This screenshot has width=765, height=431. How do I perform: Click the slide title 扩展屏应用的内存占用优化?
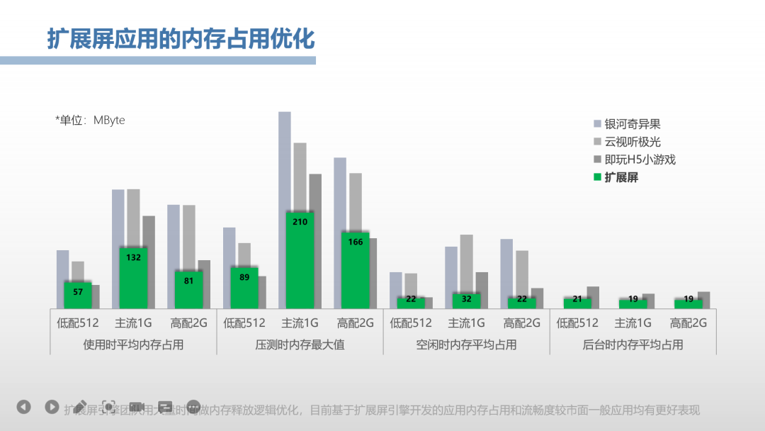click(181, 39)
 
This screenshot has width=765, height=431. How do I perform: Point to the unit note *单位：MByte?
click(90, 121)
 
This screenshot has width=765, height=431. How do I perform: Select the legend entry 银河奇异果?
click(632, 124)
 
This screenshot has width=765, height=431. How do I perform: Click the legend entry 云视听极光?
click(632, 142)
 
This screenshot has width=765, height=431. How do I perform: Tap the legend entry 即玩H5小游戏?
click(640, 159)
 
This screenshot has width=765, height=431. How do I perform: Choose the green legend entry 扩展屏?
click(621, 177)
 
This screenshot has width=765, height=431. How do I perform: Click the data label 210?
click(300, 222)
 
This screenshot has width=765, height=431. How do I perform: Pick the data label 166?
click(356, 242)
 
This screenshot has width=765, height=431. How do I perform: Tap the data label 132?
click(133, 257)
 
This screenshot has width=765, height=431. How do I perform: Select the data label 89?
click(244, 277)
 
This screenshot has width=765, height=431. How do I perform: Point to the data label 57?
click(78, 292)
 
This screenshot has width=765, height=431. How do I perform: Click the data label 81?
click(188, 280)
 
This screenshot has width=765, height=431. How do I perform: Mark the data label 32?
click(466, 299)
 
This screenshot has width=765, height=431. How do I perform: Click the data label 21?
click(577, 299)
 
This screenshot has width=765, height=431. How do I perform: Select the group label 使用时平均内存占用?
click(133, 345)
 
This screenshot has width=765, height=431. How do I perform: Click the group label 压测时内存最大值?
click(300, 345)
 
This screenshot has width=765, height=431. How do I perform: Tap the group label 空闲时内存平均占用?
click(466, 345)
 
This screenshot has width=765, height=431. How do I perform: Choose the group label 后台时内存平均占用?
click(633, 345)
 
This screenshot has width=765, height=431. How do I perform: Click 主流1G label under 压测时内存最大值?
click(300, 323)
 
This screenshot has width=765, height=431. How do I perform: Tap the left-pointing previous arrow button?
click(24, 407)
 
